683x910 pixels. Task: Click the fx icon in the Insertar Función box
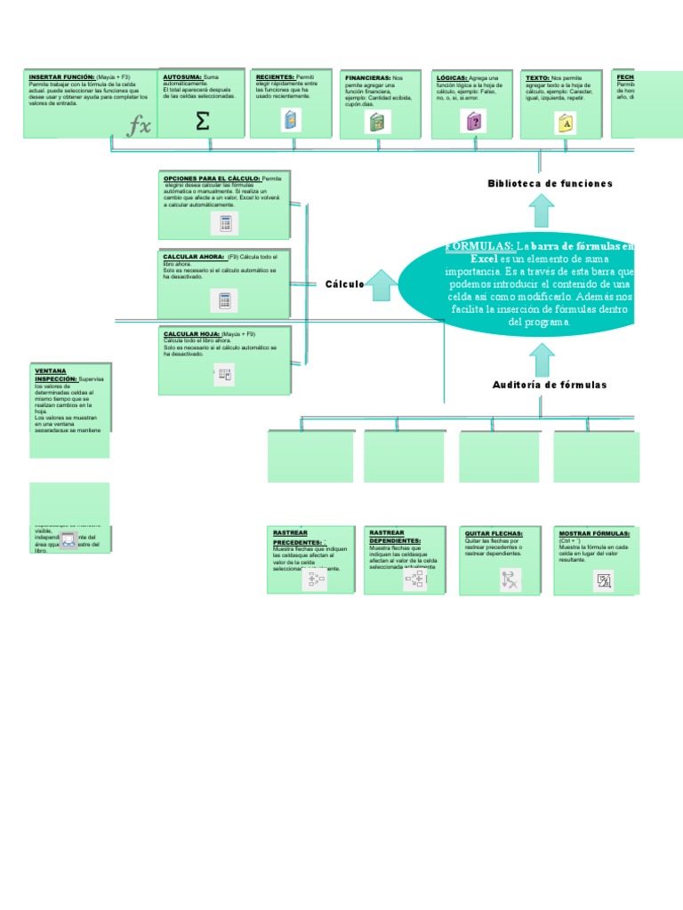(140, 126)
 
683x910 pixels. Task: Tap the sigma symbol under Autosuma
(203, 121)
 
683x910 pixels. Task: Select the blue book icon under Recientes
(291, 121)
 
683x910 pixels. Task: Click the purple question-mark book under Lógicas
(474, 122)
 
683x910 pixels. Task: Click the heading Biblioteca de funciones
(550, 183)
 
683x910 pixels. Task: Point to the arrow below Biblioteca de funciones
(541, 211)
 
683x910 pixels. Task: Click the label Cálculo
(344, 283)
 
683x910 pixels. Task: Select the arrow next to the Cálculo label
(382, 283)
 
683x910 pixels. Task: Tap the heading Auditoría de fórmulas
(550, 385)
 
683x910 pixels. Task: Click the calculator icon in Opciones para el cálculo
(225, 223)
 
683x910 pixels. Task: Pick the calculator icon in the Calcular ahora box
(225, 300)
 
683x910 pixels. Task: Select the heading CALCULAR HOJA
(191, 334)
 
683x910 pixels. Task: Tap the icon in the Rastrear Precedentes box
(316, 580)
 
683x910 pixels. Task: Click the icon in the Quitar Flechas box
(510, 580)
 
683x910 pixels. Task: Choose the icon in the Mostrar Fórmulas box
(605, 581)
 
